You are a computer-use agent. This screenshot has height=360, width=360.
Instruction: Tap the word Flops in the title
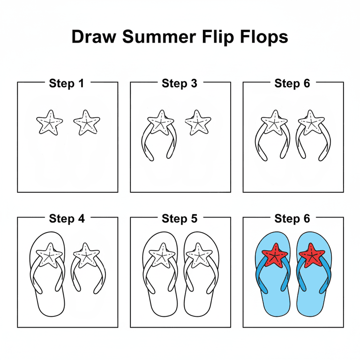click(262, 37)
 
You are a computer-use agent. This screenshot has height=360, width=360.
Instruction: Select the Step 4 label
click(67, 218)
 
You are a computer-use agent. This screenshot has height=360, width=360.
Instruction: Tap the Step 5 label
click(180, 218)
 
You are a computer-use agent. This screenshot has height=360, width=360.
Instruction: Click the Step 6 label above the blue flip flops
click(292, 218)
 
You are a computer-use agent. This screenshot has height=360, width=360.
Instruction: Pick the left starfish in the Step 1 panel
click(49, 123)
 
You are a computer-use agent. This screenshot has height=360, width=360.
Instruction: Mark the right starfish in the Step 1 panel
click(87, 123)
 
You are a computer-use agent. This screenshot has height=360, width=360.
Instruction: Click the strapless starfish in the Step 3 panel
click(198, 123)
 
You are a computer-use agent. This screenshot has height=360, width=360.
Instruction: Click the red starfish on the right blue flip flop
click(312, 255)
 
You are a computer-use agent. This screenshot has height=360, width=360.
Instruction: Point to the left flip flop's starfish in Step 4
click(49, 256)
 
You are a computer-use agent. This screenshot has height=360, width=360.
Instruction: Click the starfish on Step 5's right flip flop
click(199, 256)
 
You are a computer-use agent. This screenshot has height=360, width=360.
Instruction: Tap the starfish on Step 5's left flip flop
click(161, 256)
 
